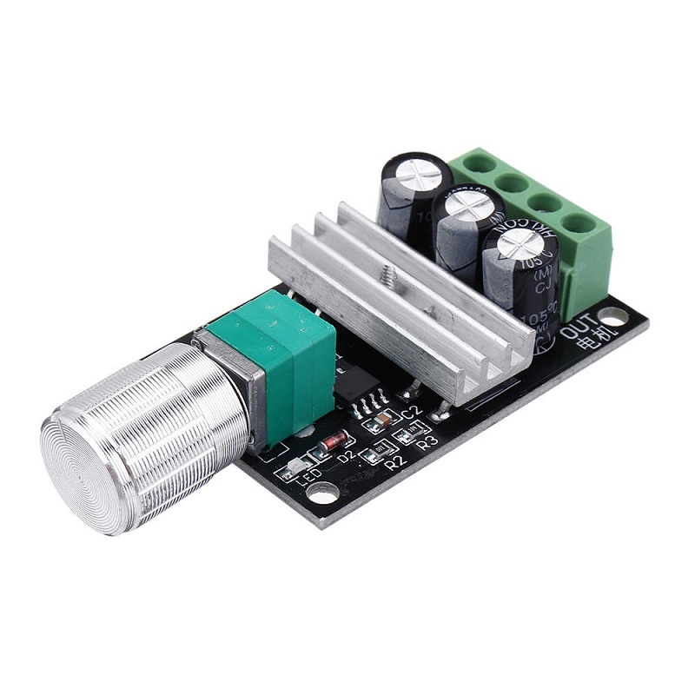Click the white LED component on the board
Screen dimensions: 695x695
pyautogui.click(x=292, y=470)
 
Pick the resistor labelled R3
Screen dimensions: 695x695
pyautogui.click(x=407, y=434)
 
